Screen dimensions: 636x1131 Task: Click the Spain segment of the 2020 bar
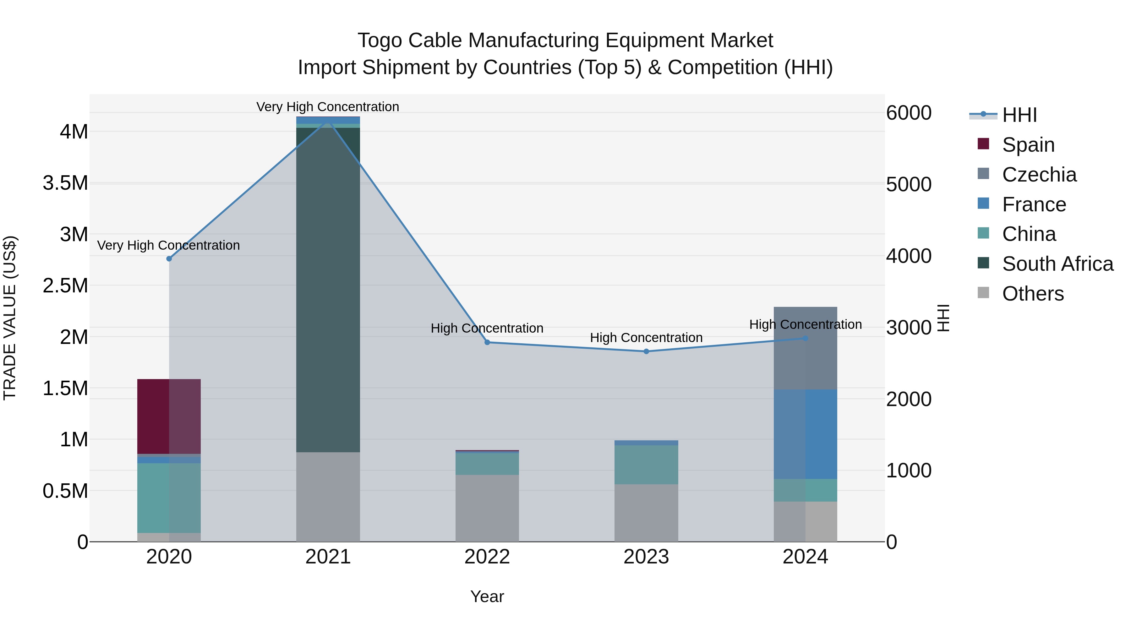coord(169,416)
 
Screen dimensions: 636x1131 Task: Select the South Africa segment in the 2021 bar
coord(328,290)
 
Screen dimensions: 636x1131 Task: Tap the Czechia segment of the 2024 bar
coord(805,348)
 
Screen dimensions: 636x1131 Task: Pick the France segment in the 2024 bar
coord(805,434)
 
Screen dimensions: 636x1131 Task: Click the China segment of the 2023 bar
coord(646,465)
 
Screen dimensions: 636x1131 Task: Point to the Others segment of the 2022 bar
coord(487,508)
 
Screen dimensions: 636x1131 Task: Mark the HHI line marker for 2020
coord(169,258)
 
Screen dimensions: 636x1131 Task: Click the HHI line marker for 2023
coord(646,351)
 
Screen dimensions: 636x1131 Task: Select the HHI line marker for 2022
coord(487,342)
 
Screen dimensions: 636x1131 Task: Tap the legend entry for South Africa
coord(1057,264)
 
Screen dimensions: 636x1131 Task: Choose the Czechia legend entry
coord(1039,175)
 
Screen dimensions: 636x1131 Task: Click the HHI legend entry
coord(1019,115)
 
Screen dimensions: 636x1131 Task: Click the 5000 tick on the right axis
coord(908,184)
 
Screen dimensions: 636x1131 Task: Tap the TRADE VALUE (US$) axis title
coord(10,318)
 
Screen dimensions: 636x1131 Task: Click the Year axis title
coord(487,596)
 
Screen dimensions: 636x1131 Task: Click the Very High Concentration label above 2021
coord(328,107)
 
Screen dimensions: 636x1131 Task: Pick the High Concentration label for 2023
coord(646,338)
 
